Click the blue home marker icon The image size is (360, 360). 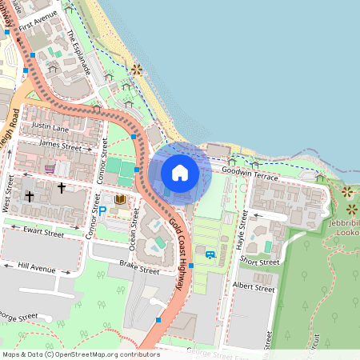[180, 173]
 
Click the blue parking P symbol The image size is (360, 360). [102, 209]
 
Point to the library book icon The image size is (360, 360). [120, 199]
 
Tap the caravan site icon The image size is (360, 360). [210, 255]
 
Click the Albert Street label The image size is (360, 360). [253, 285]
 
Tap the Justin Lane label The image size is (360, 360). [50, 127]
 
